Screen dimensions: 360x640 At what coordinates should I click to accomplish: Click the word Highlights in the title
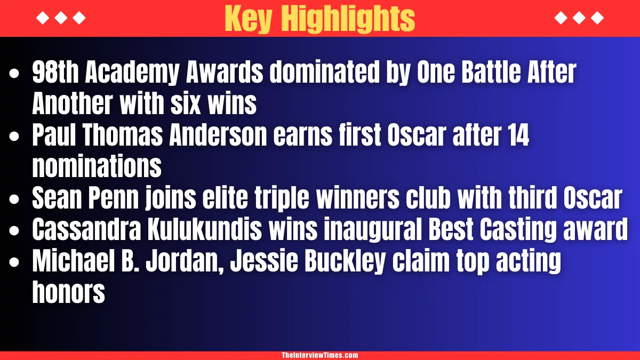(x=348, y=19)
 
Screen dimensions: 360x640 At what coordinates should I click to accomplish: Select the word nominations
(x=97, y=167)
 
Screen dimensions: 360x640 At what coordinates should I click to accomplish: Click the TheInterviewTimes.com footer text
(x=319, y=355)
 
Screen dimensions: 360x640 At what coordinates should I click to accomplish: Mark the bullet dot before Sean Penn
(x=15, y=199)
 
